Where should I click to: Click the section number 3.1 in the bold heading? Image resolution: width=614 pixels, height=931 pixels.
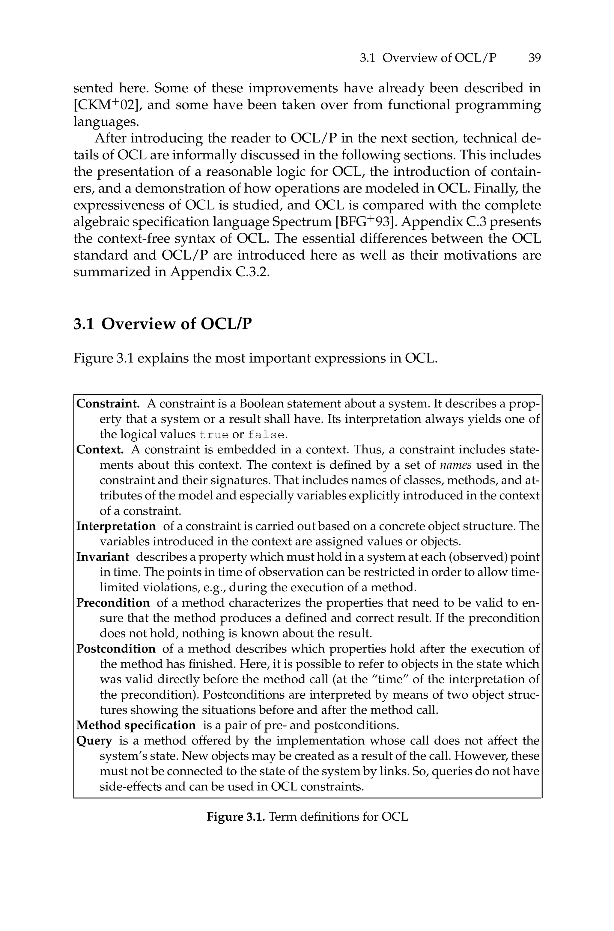coord(84,324)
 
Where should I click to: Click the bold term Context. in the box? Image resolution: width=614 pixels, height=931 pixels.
coord(100,449)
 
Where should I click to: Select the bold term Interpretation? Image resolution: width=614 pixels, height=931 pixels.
coord(116,526)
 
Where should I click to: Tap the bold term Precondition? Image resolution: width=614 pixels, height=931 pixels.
coord(113,603)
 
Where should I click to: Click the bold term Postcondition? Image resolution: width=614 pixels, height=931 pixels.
coord(116,649)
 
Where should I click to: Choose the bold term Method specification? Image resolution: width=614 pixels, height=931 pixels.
coord(136,725)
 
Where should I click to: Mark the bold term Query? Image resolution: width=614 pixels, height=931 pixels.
coord(94,741)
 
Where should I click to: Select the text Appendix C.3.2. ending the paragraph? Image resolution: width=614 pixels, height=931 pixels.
coord(220,272)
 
